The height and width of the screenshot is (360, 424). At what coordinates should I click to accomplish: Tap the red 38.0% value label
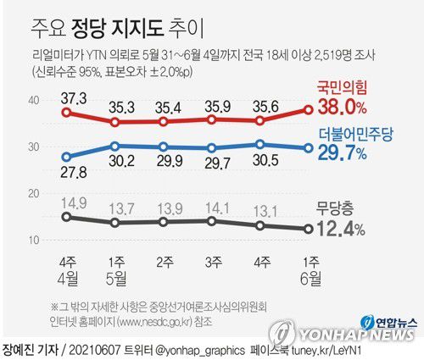[x=341, y=107]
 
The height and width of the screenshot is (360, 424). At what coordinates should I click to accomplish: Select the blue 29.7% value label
[x=342, y=153]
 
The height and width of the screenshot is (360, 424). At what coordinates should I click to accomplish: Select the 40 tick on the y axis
[x=35, y=100]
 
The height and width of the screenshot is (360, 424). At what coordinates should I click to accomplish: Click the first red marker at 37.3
[x=67, y=111]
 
